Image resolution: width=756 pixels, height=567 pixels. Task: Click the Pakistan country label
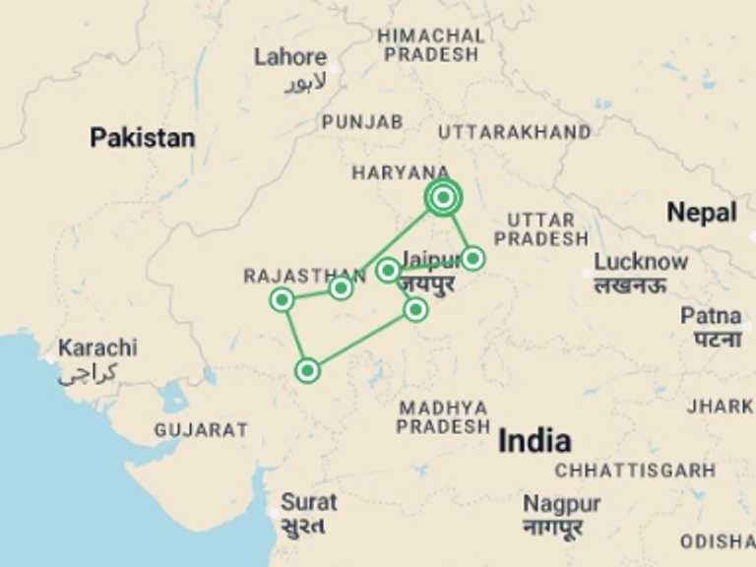143,138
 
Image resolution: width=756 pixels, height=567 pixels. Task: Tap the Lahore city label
289,57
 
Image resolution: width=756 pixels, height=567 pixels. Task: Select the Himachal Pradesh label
431,44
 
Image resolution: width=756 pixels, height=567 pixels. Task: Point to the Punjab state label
362,122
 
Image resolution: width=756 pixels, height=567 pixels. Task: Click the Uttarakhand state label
515,132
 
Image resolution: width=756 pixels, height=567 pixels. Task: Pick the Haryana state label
401,173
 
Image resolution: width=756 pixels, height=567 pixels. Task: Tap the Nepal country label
702,212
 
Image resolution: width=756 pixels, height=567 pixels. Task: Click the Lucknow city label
640,263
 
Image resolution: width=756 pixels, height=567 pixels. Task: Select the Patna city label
711,317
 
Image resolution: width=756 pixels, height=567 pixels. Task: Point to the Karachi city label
97,348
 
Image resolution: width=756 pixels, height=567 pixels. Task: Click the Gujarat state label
201,430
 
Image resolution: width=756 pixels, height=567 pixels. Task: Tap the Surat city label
309,502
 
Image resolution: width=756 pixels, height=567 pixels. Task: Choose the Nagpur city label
561,504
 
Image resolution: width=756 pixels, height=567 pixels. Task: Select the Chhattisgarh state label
635,471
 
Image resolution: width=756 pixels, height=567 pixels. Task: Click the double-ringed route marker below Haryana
444,198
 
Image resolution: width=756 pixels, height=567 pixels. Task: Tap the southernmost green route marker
308,371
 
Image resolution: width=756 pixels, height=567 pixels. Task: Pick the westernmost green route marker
283,299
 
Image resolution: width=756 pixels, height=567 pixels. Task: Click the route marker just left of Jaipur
388,270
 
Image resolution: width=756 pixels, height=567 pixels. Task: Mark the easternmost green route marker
472,258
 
